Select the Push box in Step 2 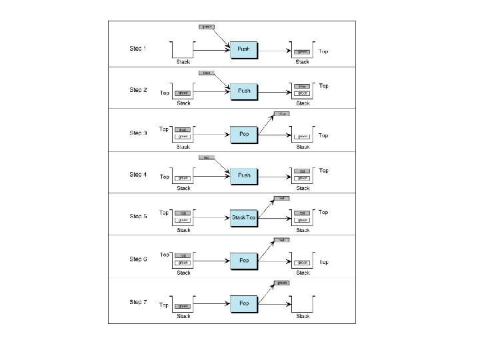click(244, 92)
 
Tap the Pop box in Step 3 click(244, 134)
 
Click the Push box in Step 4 click(244, 176)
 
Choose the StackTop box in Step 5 click(244, 218)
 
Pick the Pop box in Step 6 click(244, 260)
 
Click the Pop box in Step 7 click(244, 303)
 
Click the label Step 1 click(138, 49)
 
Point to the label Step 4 click(138, 175)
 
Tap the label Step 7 click(138, 303)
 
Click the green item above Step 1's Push click(206, 27)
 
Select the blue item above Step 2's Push click(206, 72)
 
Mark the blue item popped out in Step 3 click(282, 114)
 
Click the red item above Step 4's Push click(206, 157)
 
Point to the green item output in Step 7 click(282, 283)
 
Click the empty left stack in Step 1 click(183, 50)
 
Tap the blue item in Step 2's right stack click(303, 86)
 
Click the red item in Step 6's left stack click(183, 255)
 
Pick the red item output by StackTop click(282, 198)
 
